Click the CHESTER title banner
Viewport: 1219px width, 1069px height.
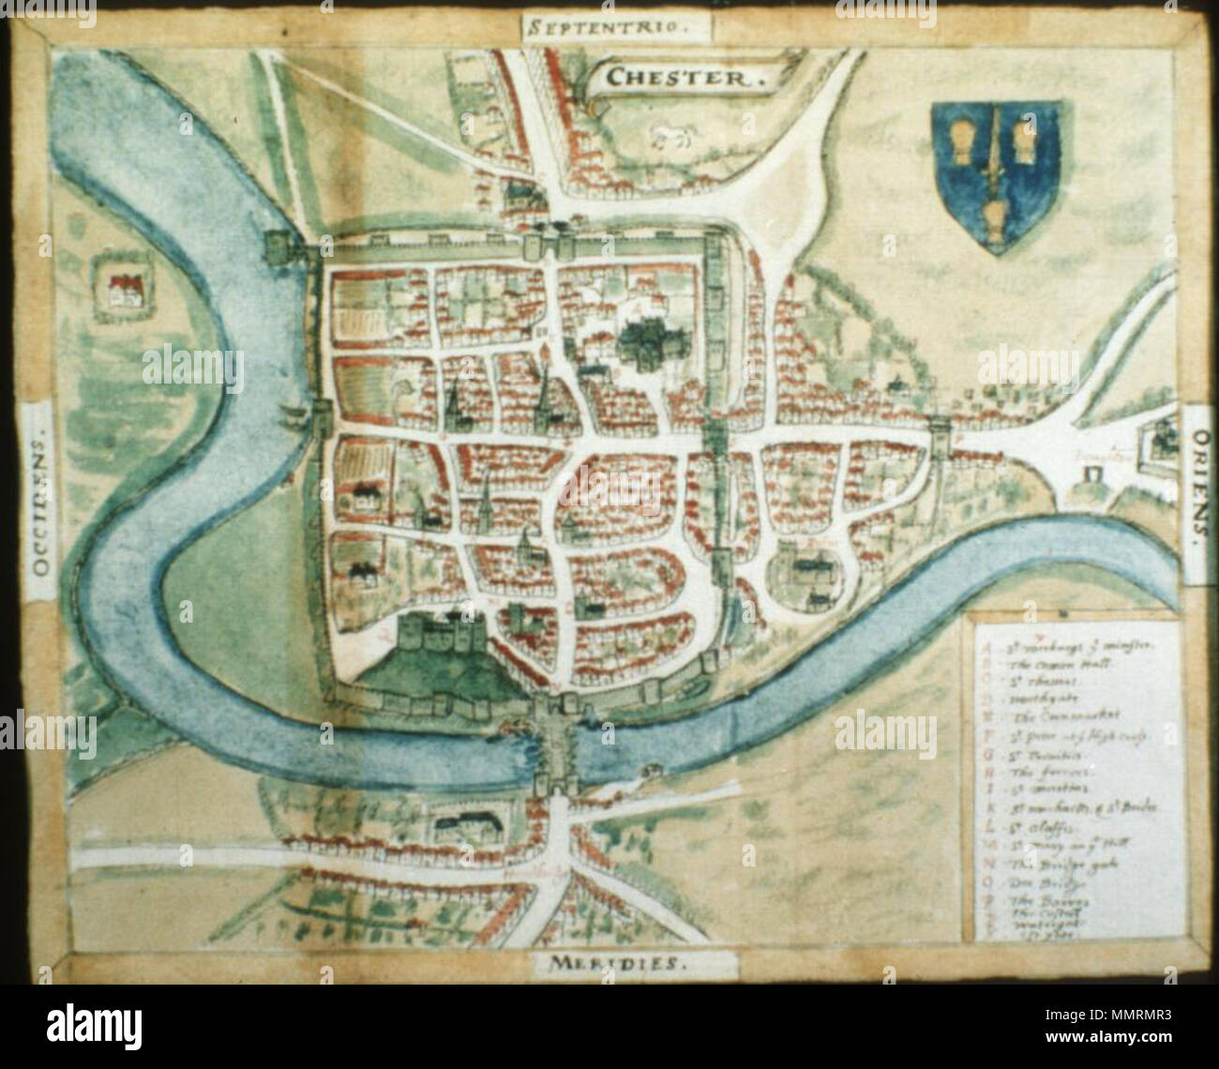click(681, 77)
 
